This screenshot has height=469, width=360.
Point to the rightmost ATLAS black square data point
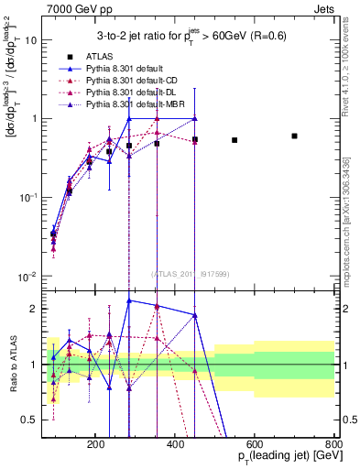pos(294,136)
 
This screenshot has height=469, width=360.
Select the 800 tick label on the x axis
pos(333,442)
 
